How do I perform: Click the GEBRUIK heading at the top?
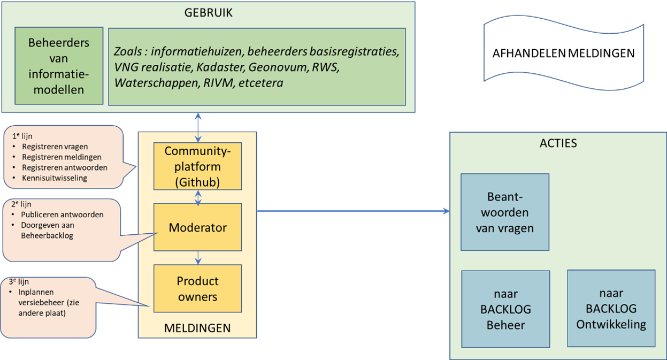pos(208,13)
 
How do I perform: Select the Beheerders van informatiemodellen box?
pos(59,66)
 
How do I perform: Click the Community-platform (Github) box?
pos(197,166)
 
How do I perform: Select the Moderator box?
pos(197,227)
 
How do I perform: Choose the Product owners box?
pos(197,289)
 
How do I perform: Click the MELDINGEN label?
pos(197,328)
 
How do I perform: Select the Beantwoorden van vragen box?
pos(505,212)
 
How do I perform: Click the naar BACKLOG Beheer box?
pos(505,309)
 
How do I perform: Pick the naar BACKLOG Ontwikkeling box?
pos(611,309)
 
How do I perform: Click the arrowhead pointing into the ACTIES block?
pos(446,212)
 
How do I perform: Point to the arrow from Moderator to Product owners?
pos(198,258)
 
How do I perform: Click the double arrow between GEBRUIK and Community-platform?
pos(198,127)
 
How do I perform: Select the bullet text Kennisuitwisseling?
pos(55,178)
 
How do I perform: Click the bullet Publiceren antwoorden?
pos(62,215)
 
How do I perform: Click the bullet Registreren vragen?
pos(55,146)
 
